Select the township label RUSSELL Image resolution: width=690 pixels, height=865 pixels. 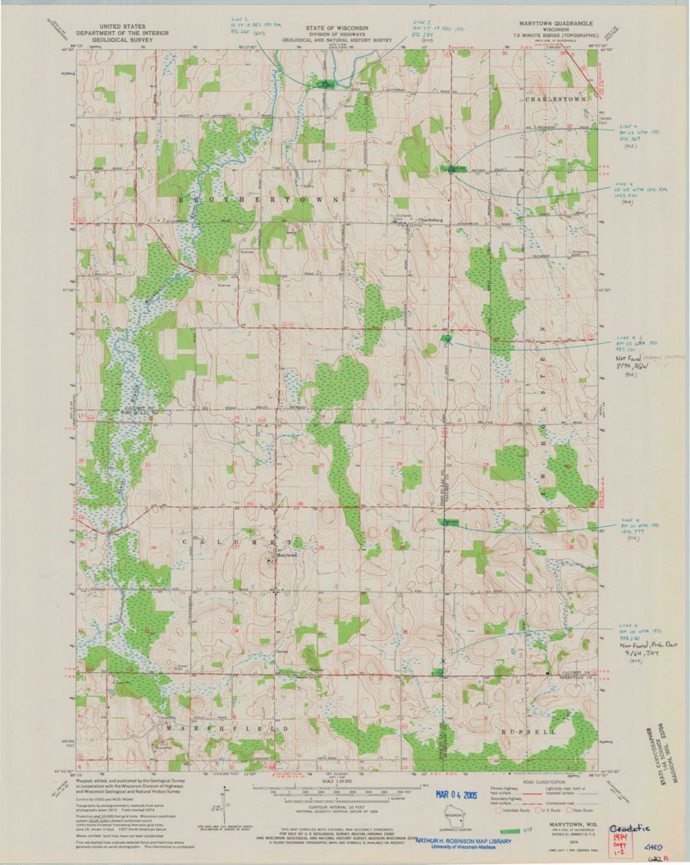click(538, 730)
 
